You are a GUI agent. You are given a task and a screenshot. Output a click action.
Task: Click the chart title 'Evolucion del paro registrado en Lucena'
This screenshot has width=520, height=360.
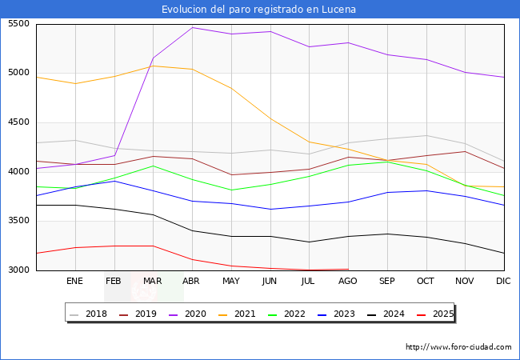259,10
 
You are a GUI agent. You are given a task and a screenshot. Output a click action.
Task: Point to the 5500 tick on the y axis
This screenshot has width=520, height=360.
18,24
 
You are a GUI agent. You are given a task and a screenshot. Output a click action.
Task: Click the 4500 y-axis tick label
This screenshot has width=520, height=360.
18,122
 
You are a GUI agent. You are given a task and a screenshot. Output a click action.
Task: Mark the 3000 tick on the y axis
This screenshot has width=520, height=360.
18,270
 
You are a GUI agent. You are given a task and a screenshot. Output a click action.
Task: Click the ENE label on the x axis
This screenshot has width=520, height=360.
74,282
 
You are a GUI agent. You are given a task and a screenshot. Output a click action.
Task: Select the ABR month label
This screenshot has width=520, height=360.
192,282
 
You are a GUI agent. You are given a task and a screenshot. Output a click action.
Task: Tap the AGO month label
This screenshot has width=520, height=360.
348,282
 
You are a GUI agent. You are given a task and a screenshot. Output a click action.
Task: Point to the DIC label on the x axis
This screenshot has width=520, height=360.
503,282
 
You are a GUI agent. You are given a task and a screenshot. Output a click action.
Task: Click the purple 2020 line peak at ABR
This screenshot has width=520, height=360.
192,28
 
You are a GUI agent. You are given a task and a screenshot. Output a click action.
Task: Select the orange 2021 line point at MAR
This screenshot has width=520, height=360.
153,66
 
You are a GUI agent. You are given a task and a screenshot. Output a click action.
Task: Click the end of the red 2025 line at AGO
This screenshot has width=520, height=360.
348,269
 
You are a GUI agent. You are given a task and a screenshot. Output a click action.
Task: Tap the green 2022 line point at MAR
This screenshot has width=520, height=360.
153,166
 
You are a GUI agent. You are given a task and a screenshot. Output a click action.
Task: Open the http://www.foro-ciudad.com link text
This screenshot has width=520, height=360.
458,347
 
